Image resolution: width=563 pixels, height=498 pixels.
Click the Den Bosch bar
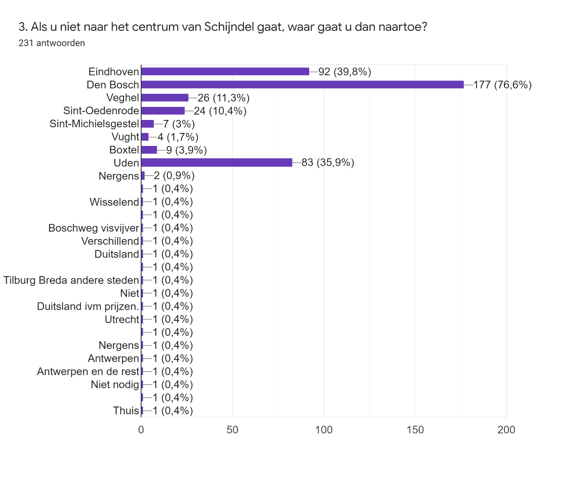(302, 85)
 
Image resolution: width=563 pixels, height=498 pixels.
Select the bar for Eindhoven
(225, 72)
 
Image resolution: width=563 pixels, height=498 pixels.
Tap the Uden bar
(216, 163)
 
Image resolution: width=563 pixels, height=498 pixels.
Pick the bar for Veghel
(165, 98)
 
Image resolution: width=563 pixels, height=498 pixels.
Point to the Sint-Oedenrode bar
(163, 111)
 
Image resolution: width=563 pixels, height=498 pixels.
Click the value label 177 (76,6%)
(502, 85)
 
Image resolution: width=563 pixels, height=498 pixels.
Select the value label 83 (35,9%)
(328, 163)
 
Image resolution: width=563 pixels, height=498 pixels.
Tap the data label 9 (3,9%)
(187, 150)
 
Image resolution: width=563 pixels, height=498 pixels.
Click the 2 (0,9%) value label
(174, 176)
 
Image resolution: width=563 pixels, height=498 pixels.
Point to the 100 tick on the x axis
(324, 430)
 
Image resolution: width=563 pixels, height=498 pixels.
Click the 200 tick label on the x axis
(506, 430)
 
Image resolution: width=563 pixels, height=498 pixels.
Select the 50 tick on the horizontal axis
(232, 430)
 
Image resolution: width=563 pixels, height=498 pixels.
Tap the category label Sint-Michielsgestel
(94, 124)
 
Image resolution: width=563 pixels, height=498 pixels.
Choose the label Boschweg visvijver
(94, 228)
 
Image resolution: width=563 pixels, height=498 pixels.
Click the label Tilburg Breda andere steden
(71, 280)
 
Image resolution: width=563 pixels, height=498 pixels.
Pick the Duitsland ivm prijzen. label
(88, 306)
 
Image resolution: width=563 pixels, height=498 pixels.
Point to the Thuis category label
(126, 411)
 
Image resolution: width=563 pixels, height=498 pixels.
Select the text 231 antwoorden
(52, 43)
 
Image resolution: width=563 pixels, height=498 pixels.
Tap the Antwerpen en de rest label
(88, 372)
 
